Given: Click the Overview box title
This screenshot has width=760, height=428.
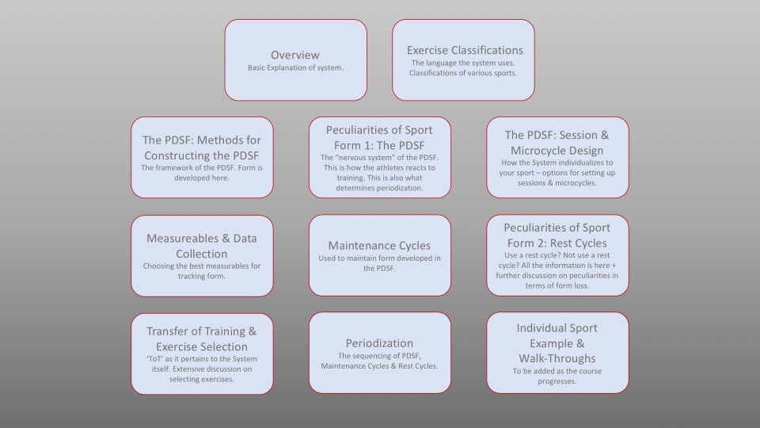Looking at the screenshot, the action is pos(295,55).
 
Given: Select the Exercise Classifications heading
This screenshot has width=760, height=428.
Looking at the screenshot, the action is pos(465,50).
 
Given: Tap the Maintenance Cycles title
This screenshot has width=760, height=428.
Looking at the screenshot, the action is pos(379,246).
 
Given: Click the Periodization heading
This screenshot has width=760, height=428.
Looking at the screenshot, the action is pos(379,343).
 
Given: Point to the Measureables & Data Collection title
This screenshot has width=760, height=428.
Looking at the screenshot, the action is pos(202,246).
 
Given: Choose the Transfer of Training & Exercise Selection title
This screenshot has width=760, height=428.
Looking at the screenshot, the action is pos(202,338).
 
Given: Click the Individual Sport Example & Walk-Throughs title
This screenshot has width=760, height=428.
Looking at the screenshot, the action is pos(557,343).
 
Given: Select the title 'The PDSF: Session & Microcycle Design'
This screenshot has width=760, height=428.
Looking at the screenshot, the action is pos(557,143).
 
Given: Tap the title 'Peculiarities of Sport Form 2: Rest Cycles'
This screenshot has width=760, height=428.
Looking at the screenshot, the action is pos(557,235).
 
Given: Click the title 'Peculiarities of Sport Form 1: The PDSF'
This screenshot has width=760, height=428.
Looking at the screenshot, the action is pos(379,137).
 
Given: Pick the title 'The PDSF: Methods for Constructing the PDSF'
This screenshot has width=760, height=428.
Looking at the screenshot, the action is pos(202,147).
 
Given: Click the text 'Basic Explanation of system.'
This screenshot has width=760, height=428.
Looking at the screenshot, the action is pos(295,68).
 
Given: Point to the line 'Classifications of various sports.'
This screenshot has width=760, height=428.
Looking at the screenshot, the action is pos(463,73).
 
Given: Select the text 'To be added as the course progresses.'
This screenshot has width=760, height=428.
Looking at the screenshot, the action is pos(557,376).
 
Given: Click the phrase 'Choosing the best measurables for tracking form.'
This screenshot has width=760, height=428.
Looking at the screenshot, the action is pos(202,271).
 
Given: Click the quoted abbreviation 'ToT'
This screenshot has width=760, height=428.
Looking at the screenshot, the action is pos(154,358).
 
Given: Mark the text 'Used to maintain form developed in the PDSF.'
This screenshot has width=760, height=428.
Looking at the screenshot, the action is pos(379,263).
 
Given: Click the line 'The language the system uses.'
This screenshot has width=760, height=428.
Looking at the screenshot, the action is pos(463,63).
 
